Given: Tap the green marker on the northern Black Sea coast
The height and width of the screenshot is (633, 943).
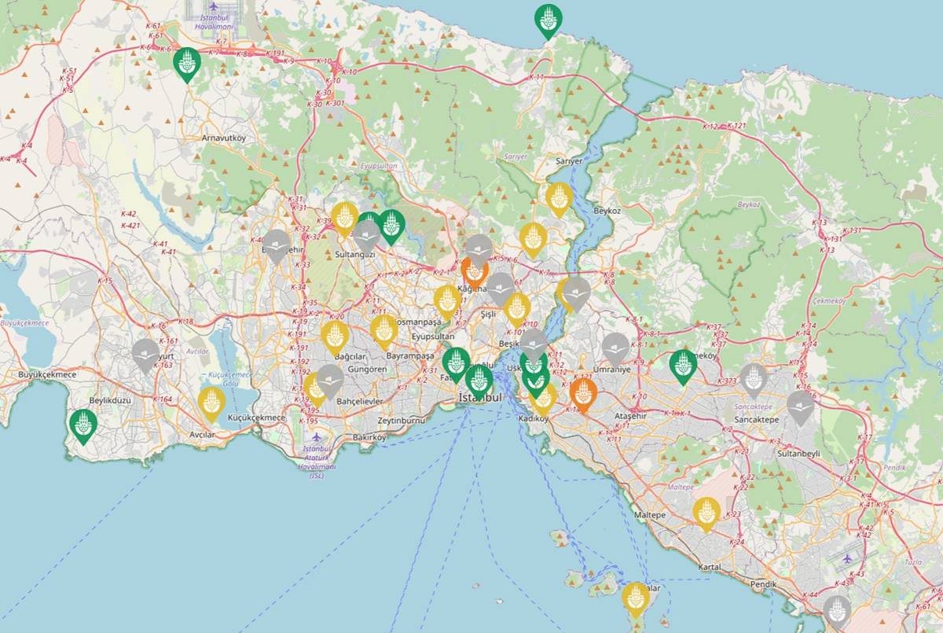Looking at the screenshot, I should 549,20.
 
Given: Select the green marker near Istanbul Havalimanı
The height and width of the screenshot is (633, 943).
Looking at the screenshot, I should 187,64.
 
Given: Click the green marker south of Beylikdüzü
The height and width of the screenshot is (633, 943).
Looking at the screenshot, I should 83,425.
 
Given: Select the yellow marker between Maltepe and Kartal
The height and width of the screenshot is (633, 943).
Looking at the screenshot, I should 706,513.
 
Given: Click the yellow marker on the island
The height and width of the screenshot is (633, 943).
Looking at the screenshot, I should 635,598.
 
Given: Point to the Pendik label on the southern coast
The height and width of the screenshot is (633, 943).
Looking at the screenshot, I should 764,584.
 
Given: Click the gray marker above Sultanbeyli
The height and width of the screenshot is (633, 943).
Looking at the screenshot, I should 800,407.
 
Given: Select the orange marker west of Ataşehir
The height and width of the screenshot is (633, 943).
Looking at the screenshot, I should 583,394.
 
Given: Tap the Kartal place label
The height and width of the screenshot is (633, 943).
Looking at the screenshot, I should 710,567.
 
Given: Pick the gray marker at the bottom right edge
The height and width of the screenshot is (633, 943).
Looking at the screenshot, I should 837,610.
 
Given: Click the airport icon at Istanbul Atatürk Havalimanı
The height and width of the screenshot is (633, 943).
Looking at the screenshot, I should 316,436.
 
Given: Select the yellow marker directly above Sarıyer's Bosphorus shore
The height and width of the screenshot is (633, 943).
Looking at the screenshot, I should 559,198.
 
